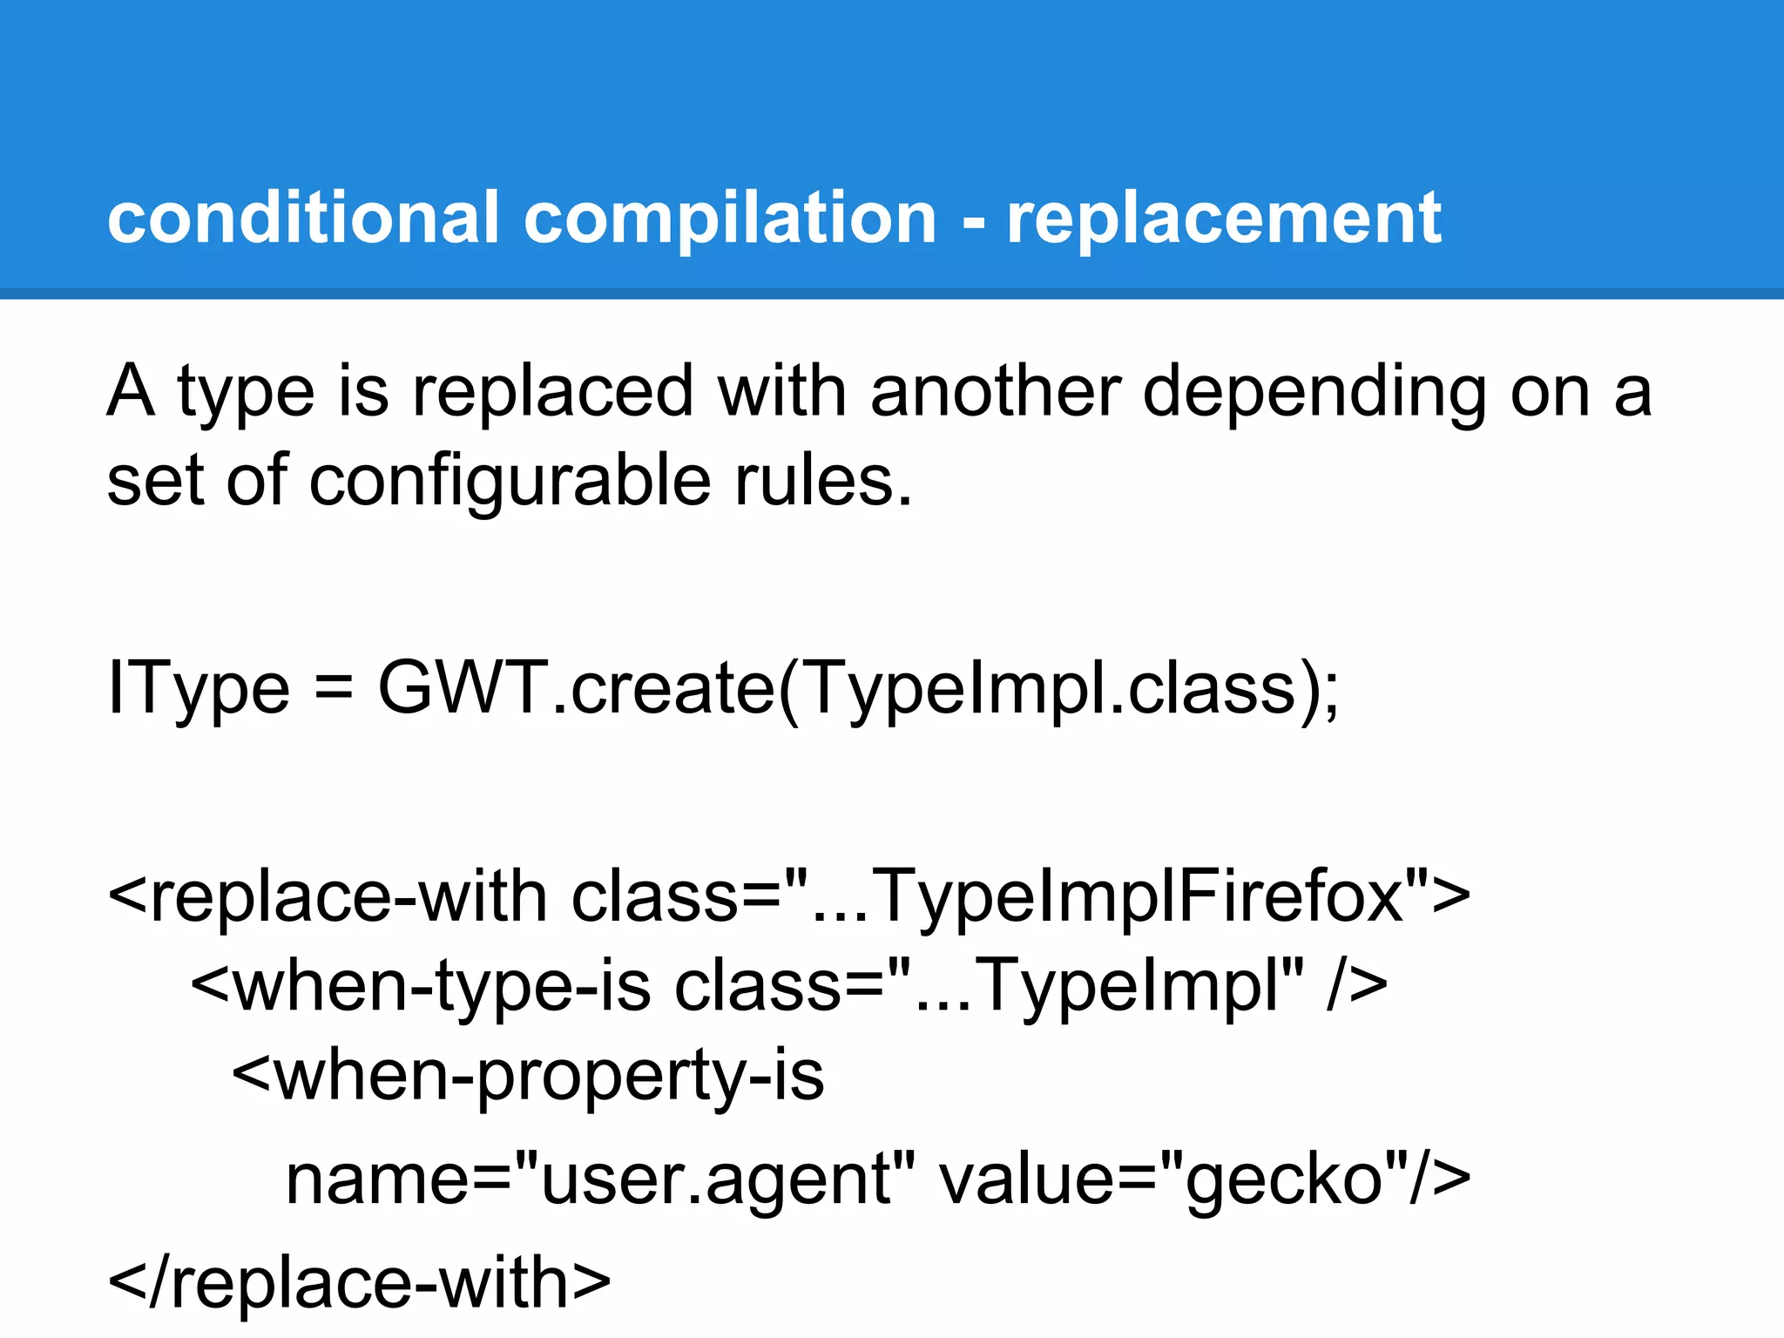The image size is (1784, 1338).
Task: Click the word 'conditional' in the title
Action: (x=303, y=218)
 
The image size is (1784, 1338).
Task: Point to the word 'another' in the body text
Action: (x=995, y=392)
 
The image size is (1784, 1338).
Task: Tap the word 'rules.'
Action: (x=823, y=481)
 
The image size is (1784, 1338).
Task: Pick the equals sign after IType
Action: (x=334, y=688)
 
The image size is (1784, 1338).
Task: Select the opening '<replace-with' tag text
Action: (x=327, y=897)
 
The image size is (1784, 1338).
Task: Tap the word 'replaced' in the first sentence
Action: (x=552, y=392)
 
